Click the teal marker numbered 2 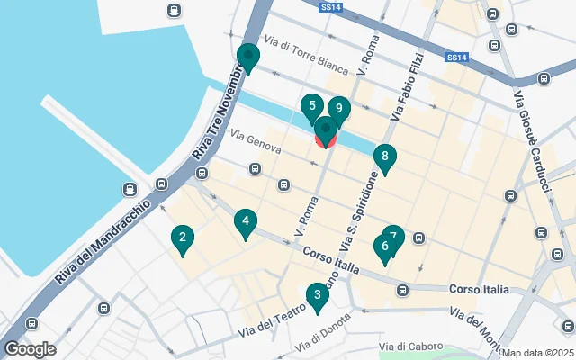[x=183, y=238]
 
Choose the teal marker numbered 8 [x=384, y=158]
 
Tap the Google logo [x=30, y=349]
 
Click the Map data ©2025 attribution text [x=537, y=353]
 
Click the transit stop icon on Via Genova [x=256, y=168]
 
